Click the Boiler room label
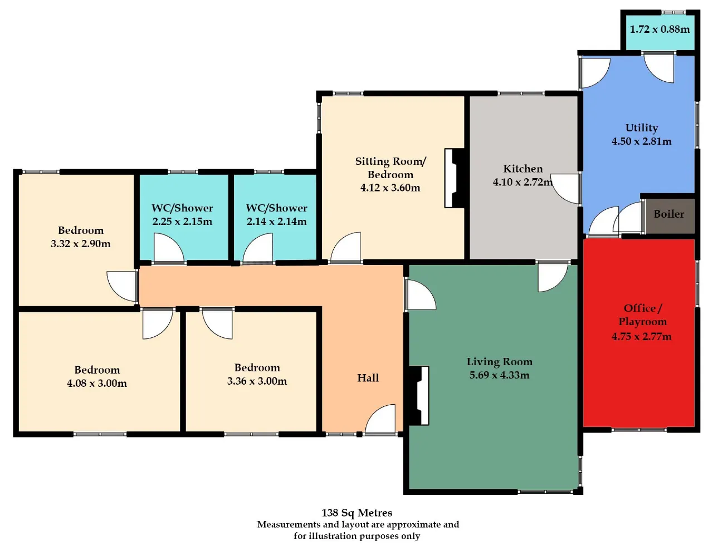[x=668, y=214]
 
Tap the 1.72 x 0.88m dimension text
[x=660, y=29]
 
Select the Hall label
[x=368, y=378]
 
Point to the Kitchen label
[x=523, y=169]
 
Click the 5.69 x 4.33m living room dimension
[x=499, y=375]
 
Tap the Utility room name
[x=642, y=127]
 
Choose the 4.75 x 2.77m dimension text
[x=642, y=336]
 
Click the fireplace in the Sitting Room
[x=455, y=178]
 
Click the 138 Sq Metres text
[x=356, y=512]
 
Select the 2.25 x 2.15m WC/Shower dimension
[x=182, y=221]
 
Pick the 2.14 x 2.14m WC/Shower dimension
[x=277, y=221]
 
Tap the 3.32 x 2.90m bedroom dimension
[x=80, y=243]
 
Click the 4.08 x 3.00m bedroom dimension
[x=97, y=383]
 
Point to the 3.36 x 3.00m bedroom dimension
[x=257, y=381]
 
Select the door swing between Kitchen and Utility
[x=565, y=189]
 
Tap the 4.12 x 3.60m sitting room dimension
[x=390, y=188]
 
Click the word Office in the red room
[x=640, y=308]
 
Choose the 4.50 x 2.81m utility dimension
[x=642, y=141]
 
